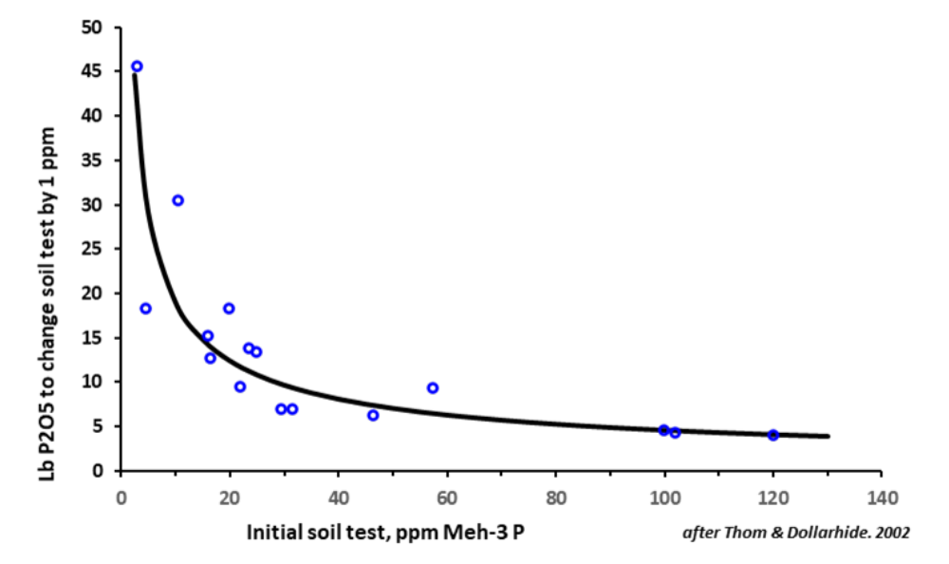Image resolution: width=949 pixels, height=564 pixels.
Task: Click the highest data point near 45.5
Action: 137,66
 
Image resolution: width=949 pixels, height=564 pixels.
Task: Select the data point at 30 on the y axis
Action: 177,200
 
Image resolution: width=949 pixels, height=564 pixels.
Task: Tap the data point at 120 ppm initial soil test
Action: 773,435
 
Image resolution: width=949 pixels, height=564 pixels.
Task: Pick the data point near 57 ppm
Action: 433,387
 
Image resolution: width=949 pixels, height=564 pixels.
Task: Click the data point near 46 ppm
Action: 373,415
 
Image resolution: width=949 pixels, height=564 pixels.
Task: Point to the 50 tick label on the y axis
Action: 93,28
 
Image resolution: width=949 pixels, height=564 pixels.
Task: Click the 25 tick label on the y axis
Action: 93,249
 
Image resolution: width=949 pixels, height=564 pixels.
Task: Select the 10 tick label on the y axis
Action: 93,382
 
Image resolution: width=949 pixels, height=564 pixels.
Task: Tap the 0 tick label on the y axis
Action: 98,471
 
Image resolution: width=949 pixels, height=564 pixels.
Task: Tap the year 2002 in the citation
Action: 892,533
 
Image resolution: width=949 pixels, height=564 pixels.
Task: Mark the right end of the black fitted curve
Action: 828,436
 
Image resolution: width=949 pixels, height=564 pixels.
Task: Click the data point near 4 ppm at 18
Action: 145,309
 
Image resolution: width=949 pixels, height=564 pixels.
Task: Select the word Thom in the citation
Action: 732,533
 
